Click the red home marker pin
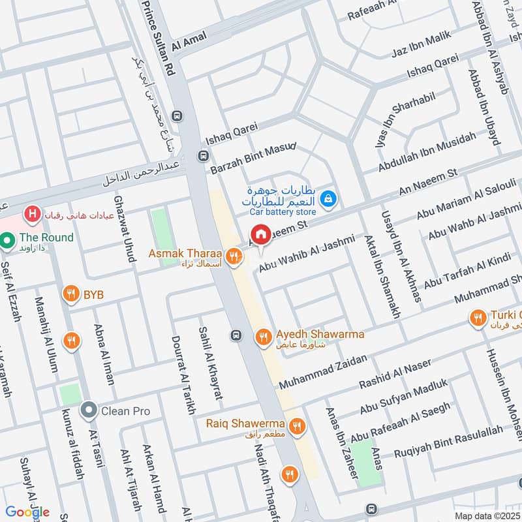point(260,234)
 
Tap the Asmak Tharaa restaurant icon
point(232,253)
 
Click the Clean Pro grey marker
point(88,411)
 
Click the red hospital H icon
point(30,213)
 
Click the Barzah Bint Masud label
point(253,157)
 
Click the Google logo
point(27,512)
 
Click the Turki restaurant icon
point(478,318)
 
